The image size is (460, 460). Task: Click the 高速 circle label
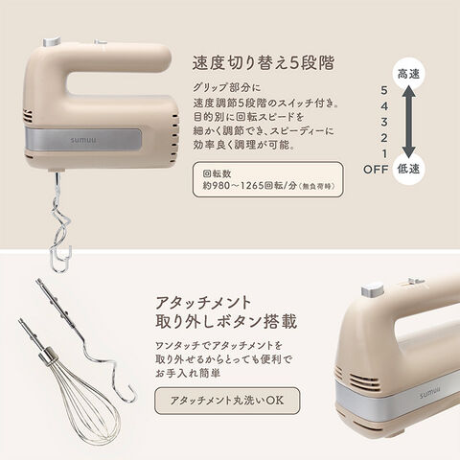408,74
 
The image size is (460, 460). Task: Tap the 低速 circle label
408,169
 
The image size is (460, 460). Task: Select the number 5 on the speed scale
384,90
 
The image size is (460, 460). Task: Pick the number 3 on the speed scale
384,122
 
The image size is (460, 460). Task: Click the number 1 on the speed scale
384,153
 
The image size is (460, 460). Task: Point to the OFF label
376,170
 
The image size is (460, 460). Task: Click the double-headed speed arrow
408,122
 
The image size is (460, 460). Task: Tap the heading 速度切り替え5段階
263,62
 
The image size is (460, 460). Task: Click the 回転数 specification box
268,179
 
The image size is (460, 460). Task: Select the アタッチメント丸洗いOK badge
227,401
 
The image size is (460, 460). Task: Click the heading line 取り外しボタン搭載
226,321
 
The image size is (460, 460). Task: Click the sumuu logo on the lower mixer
429,394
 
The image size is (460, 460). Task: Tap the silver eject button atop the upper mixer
52,41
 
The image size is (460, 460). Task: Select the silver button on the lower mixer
372,289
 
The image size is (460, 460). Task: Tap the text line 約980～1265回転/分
268,186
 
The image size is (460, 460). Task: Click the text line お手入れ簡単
188,373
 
